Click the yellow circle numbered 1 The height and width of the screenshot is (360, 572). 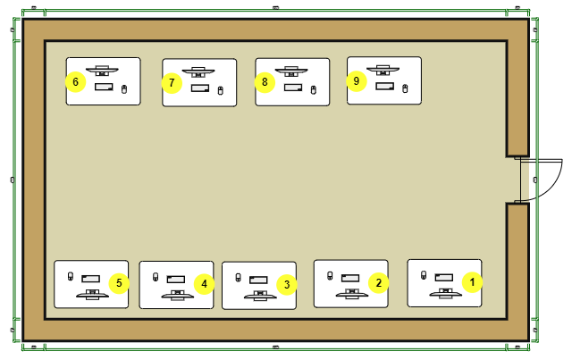coord(474,280)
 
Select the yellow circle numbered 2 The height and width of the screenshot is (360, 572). coord(379,283)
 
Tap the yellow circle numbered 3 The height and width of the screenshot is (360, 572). coord(286,285)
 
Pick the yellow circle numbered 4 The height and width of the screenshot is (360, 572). coord(204,284)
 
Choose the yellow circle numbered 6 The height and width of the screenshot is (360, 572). coord(75,82)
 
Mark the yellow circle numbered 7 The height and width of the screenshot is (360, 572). coord(172,83)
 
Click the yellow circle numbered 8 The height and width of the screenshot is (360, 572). coord(264,82)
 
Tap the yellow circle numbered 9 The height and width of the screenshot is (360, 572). coord(357,80)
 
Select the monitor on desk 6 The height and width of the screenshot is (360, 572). coord(103,71)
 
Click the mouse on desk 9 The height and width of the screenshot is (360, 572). coord(405,87)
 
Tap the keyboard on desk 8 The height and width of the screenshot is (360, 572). coord(292,88)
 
